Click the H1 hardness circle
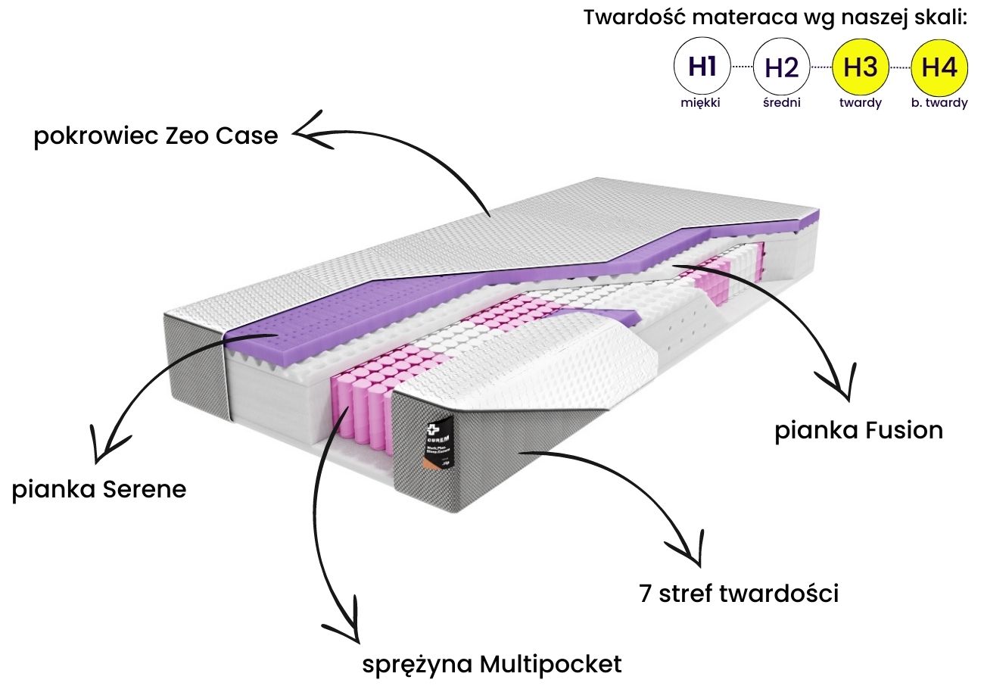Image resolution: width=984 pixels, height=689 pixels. click(x=702, y=67)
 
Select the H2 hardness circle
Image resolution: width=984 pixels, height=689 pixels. click(x=782, y=67)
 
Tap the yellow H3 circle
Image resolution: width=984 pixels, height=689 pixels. click(x=861, y=67)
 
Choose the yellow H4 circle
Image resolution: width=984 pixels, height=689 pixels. click(x=939, y=67)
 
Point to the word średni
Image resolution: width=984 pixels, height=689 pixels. click(x=782, y=103)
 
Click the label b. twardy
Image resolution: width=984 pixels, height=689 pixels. click(x=939, y=103)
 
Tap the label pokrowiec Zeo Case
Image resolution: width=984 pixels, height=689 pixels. click(x=156, y=137)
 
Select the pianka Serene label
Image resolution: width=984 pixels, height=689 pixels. click(x=99, y=489)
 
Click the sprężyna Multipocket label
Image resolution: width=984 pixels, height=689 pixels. click(x=492, y=664)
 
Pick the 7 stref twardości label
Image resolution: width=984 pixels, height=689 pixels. click(x=738, y=593)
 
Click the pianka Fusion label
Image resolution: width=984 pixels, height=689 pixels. click(x=859, y=430)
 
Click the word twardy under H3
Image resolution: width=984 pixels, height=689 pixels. click(x=861, y=103)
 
